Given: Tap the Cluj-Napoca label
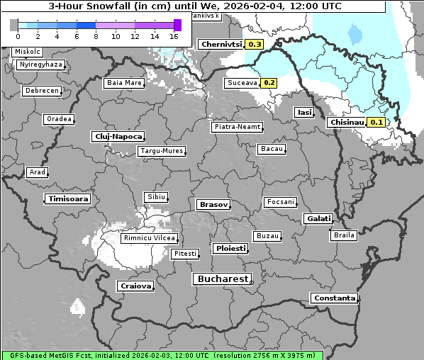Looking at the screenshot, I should click(118, 136).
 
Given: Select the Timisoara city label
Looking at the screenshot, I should click(68, 199).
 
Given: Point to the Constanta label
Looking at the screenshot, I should click(334, 298).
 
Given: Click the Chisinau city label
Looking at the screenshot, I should click(347, 122).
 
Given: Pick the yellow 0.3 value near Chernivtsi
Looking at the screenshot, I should click(255, 44).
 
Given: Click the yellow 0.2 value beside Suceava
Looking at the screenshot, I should click(269, 83).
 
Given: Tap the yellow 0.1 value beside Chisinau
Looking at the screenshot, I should click(376, 122).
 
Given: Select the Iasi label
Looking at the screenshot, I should click(304, 112).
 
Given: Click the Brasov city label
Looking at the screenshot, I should click(213, 204).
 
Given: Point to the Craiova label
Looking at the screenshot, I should click(135, 286).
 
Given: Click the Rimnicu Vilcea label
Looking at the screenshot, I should click(149, 238).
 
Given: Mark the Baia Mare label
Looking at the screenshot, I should click(124, 83).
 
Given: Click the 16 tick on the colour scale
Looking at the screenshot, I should click(174, 36).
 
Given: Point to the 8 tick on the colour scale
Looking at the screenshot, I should click(96, 36).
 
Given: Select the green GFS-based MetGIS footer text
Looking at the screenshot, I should click(162, 355).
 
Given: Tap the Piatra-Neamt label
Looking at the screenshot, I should click(237, 127).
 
